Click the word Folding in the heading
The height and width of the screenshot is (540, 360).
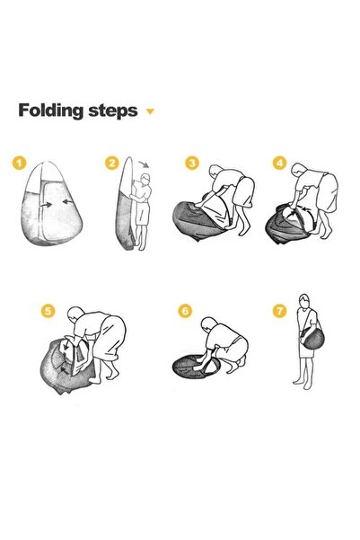[x=51, y=111]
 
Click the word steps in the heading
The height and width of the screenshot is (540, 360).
[x=113, y=111]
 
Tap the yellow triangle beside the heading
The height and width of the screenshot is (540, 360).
[x=150, y=111]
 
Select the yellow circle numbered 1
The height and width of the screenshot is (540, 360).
[x=19, y=163]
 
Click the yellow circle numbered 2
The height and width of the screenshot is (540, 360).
[x=112, y=163]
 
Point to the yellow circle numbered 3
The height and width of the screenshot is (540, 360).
[x=192, y=163]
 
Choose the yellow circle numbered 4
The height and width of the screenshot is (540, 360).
[x=280, y=163]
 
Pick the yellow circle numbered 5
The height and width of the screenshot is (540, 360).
[x=48, y=311]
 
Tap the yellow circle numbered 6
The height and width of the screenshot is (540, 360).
[x=185, y=311]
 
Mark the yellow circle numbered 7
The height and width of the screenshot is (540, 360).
[x=279, y=311]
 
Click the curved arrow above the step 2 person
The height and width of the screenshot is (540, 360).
[x=144, y=163]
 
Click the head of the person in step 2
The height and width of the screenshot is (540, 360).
[x=145, y=179]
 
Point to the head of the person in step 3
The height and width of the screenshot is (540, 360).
[x=215, y=171]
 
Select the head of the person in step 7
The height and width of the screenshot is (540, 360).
[x=304, y=301]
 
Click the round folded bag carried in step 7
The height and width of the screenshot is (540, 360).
[x=312, y=339]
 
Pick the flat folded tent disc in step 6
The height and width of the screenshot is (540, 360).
[x=196, y=366]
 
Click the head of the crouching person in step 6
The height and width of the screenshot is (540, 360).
[x=208, y=324]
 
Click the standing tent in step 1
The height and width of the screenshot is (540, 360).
[x=52, y=203]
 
